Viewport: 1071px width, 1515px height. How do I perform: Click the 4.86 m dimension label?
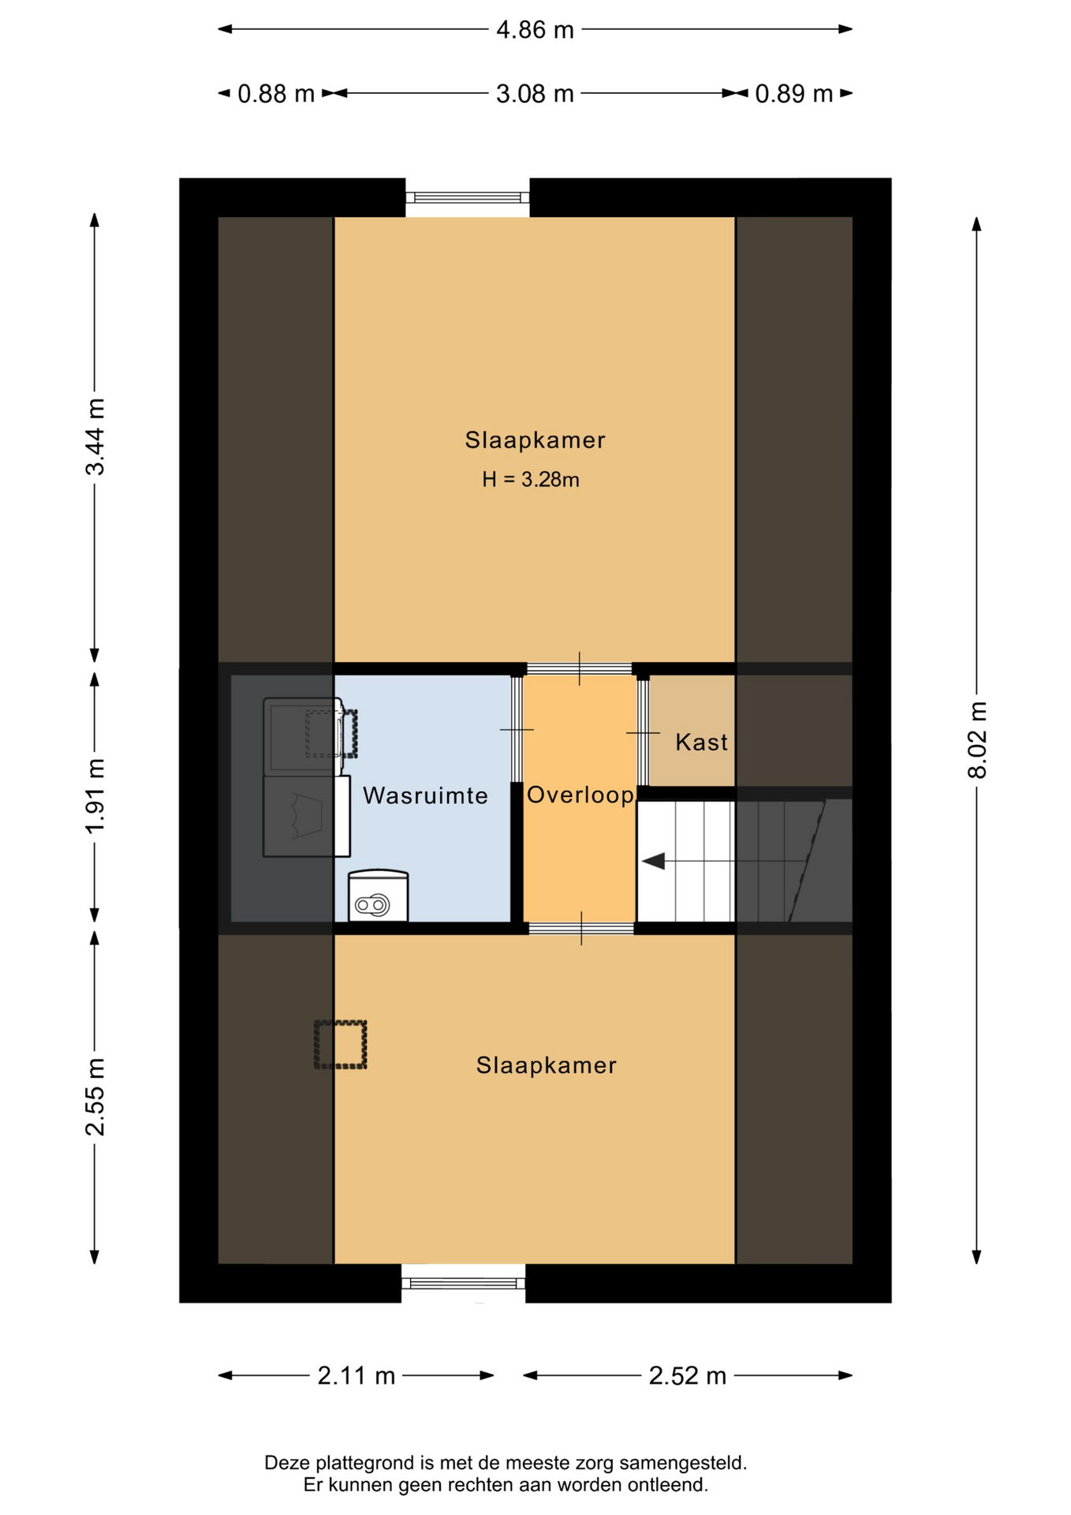click(x=535, y=30)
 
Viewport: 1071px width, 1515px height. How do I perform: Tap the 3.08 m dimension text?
click(x=535, y=94)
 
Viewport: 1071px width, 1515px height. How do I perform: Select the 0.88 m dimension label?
click(x=276, y=94)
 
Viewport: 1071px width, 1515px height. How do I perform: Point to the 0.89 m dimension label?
click(x=794, y=94)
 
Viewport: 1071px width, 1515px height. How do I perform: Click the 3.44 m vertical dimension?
click(x=95, y=437)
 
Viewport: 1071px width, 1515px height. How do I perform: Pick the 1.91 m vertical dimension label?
click(x=95, y=796)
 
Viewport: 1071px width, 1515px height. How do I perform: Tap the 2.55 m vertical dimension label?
click(x=95, y=1097)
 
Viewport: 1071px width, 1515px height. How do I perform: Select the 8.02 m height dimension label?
click(x=977, y=740)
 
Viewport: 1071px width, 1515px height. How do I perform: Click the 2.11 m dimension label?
click(x=356, y=1376)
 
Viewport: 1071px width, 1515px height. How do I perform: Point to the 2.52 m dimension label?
click(x=688, y=1376)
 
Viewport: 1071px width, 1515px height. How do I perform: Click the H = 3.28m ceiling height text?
click(x=531, y=480)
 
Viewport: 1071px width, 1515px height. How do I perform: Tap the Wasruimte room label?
click(x=425, y=795)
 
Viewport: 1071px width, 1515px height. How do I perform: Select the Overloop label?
click(x=580, y=795)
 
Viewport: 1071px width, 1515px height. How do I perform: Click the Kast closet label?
click(x=702, y=743)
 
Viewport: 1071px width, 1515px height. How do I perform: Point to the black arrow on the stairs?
click(x=653, y=862)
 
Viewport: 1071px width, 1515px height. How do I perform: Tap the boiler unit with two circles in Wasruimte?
click(x=378, y=896)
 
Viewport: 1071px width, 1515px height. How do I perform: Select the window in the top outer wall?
click(x=468, y=197)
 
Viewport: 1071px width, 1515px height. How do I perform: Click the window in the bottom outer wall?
click(x=464, y=1284)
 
